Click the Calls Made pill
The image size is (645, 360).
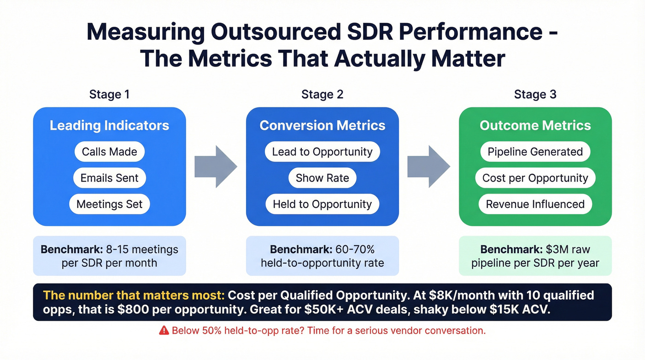[x=109, y=152]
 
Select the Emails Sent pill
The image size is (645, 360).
[x=109, y=178]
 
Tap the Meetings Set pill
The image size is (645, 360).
[x=109, y=204]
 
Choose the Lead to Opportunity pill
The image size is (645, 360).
[x=322, y=152]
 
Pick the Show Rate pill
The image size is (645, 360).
[x=322, y=178]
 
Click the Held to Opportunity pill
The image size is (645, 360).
[x=322, y=204]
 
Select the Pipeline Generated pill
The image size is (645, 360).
[x=535, y=152]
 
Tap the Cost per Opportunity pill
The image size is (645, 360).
[x=535, y=178]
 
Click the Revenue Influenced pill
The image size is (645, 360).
[x=535, y=204]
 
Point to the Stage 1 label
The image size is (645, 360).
[x=109, y=94]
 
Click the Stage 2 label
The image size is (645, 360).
[x=322, y=94]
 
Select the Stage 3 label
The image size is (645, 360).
[x=535, y=94]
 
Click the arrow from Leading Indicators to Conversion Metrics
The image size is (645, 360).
[x=215, y=166]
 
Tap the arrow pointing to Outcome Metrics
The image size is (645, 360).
[x=428, y=166]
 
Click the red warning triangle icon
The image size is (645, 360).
[x=164, y=330]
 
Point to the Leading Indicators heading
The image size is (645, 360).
[x=109, y=125]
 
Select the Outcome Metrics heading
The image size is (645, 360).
[x=535, y=125]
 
